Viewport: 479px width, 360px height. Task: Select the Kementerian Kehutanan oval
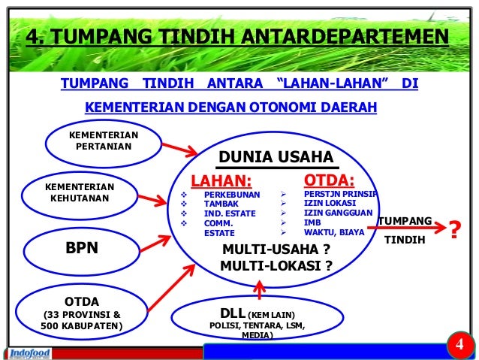(x=79, y=193)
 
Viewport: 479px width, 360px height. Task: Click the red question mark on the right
(x=453, y=231)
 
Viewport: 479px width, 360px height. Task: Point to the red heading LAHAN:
(x=221, y=180)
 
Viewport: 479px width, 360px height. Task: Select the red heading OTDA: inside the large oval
(x=328, y=180)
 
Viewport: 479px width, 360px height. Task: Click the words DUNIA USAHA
(x=275, y=157)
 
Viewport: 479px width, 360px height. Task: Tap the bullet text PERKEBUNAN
(x=231, y=195)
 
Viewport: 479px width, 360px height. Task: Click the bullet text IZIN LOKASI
(x=330, y=203)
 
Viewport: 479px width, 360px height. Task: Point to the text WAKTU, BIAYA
(x=333, y=232)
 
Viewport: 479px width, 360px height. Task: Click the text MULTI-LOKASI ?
(x=276, y=266)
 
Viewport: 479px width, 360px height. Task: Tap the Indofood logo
(x=32, y=352)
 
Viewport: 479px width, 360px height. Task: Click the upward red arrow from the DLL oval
(x=260, y=289)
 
